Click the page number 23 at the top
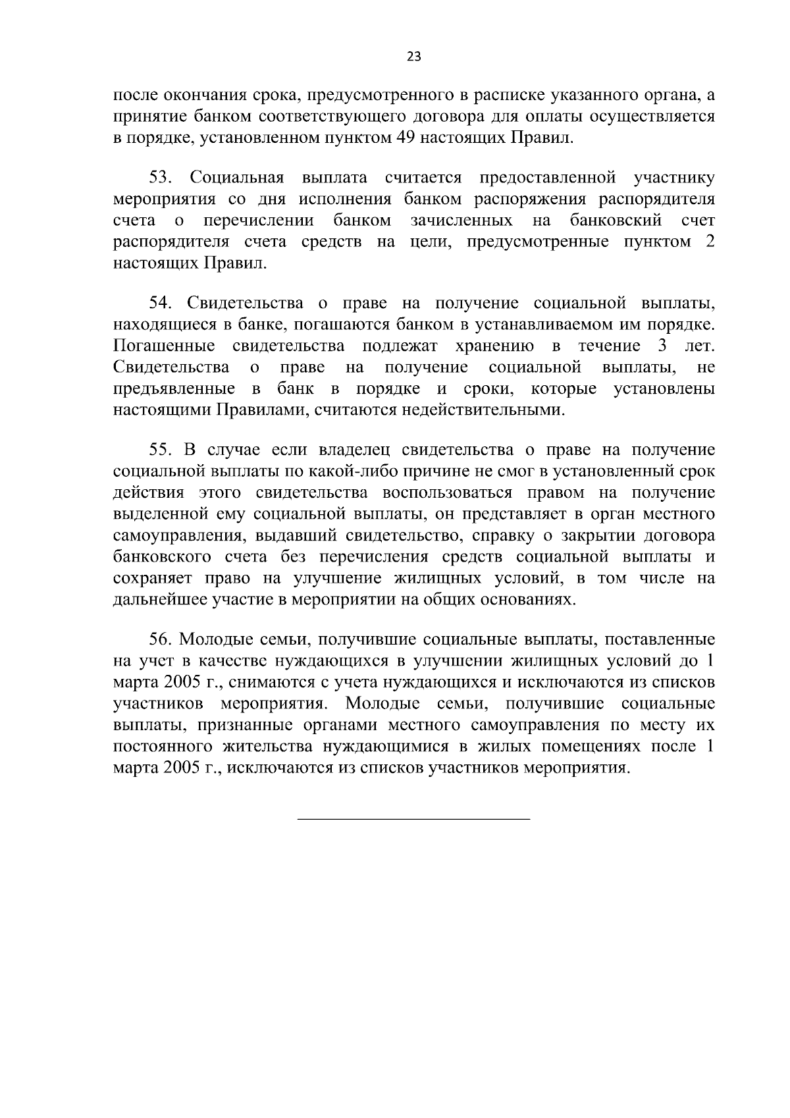(x=413, y=57)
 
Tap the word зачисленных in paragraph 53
(x=461, y=220)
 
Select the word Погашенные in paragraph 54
(x=164, y=346)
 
